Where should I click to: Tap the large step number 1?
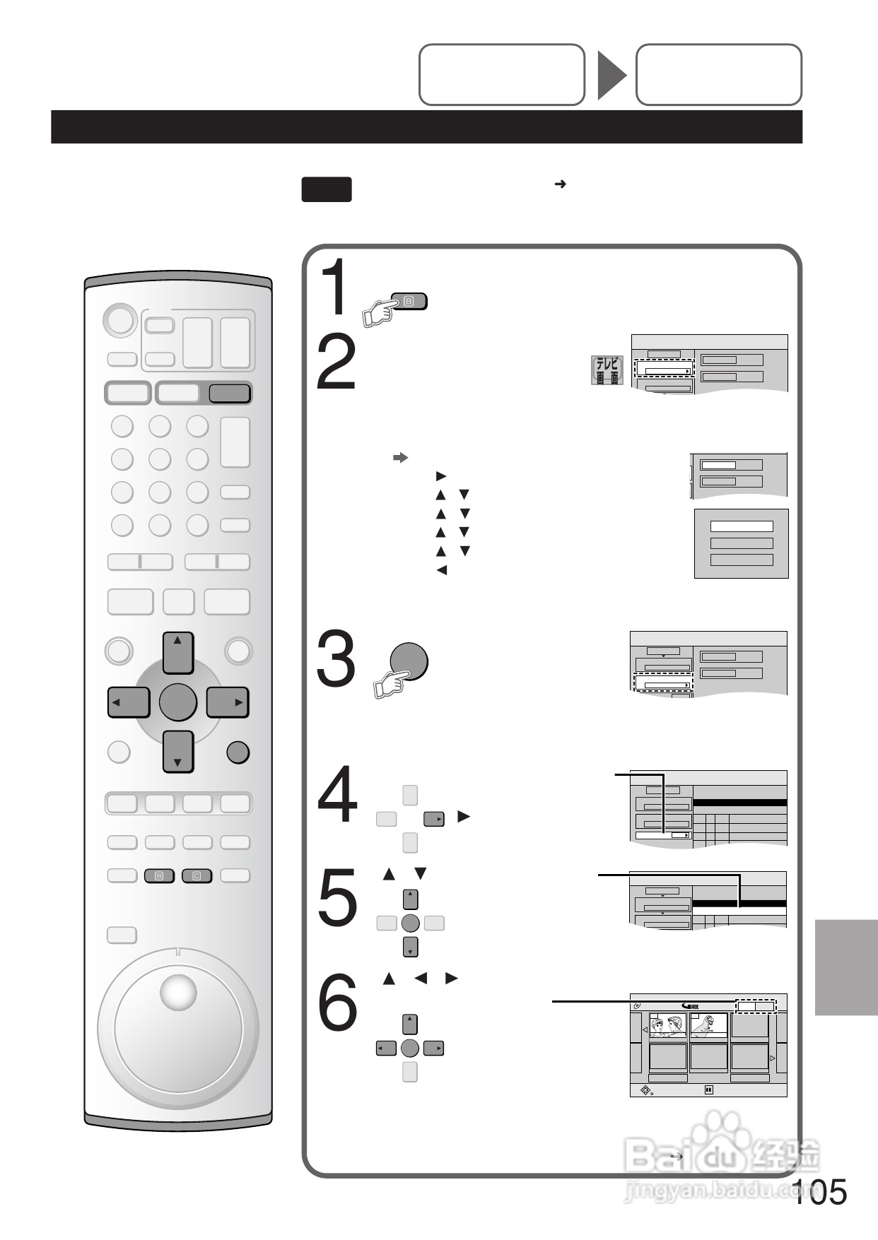click(335, 288)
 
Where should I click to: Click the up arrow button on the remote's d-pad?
click(178, 652)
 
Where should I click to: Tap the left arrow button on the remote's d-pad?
click(129, 702)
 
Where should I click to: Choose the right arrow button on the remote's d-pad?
click(228, 702)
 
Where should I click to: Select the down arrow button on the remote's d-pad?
click(178, 751)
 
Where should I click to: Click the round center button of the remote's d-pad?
click(178, 702)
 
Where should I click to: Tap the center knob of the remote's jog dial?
click(178, 993)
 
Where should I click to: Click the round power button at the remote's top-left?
click(119, 320)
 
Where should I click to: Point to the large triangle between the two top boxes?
click(611, 75)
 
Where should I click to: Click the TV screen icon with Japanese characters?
click(607, 371)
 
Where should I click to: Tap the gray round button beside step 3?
click(409, 661)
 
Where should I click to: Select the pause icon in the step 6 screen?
click(708, 1090)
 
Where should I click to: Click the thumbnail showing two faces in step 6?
click(668, 1026)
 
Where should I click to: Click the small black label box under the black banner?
click(327, 189)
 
